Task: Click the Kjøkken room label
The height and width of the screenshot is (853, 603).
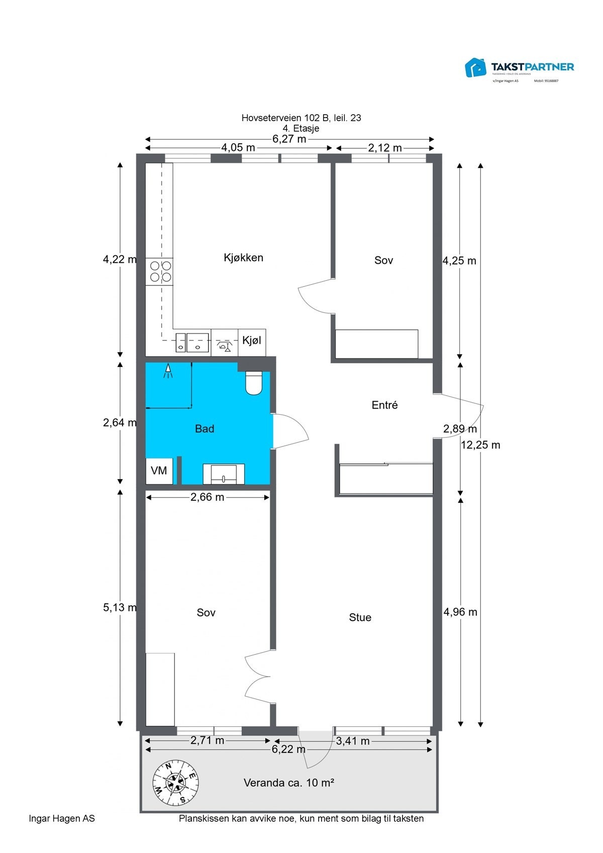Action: [243, 258]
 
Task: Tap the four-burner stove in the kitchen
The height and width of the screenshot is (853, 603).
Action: [159, 271]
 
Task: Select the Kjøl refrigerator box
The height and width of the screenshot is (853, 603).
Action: [252, 341]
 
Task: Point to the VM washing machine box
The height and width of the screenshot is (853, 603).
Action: [159, 471]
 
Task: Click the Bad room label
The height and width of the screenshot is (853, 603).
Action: [205, 429]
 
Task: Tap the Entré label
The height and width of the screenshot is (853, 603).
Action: [384, 405]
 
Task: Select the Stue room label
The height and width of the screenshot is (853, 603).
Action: [360, 618]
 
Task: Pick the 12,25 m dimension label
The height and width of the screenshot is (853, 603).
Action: [481, 445]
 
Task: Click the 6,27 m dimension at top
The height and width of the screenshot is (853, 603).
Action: [289, 139]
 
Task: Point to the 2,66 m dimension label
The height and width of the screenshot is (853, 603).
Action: [207, 498]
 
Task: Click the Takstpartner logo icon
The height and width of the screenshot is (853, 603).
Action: [475, 67]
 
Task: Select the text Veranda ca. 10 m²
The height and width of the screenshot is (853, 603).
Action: [289, 783]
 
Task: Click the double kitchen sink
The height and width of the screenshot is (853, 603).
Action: [192, 342]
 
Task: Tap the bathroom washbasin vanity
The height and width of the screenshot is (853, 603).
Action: [224, 474]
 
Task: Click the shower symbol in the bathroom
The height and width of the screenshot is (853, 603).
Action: [168, 371]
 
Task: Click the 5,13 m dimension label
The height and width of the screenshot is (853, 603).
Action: [120, 608]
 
